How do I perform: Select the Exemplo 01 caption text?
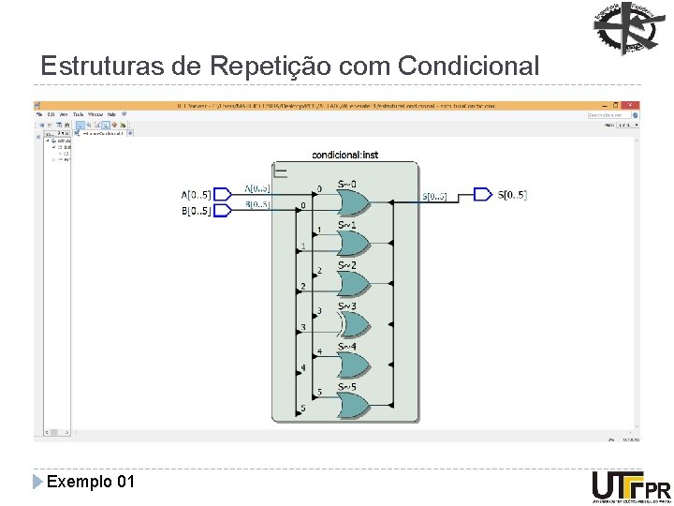point(90,482)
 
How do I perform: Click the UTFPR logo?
point(630,488)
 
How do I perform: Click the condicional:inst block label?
point(344,155)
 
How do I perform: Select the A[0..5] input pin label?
point(197,195)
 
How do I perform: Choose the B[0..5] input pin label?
point(197,211)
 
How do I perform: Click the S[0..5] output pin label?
point(511,195)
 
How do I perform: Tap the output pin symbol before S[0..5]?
point(482,195)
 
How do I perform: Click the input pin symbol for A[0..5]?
point(223,195)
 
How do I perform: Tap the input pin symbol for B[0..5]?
point(223,211)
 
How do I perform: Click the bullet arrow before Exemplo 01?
point(37,482)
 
